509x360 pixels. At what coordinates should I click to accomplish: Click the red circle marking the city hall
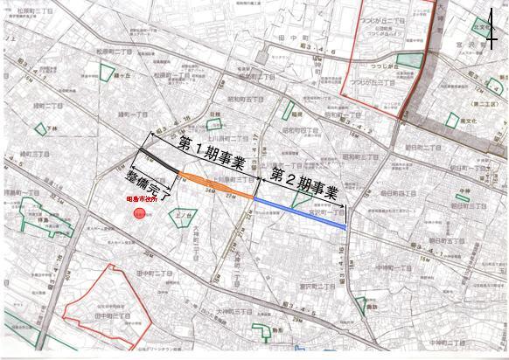pyautogui.click(x=139, y=212)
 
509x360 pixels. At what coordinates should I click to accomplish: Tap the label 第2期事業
pyautogui.click(x=305, y=179)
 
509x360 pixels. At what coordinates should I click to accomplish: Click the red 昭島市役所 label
pyautogui.click(x=138, y=198)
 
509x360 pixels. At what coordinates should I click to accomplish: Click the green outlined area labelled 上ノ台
pyautogui.click(x=182, y=212)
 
